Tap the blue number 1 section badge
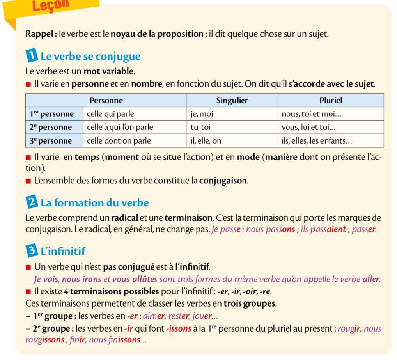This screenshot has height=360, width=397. [x=31, y=56]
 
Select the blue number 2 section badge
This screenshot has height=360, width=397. [x=31, y=202]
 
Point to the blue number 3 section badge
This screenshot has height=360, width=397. [x=31, y=251]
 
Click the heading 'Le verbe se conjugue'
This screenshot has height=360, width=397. [x=90, y=57]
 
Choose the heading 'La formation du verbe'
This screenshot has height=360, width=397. [x=95, y=203]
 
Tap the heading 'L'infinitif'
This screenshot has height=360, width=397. [x=63, y=251]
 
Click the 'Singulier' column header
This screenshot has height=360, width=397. [x=232, y=100]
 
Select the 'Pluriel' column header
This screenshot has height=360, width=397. [x=330, y=100]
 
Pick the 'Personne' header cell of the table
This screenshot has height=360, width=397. [x=106, y=100]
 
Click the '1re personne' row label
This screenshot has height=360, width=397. [x=52, y=114]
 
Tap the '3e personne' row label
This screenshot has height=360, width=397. [x=51, y=140]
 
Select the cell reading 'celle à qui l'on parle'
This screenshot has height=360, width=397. [x=120, y=127]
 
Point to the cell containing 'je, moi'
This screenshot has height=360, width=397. [x=202, y=114]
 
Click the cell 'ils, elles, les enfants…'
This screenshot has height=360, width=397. [x=319, y=140]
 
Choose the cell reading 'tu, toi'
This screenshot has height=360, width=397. [x=200, y=127]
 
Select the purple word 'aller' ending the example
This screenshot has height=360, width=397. [x=370, y=279]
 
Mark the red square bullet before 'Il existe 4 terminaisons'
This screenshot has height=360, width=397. [x=28, y=291]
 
